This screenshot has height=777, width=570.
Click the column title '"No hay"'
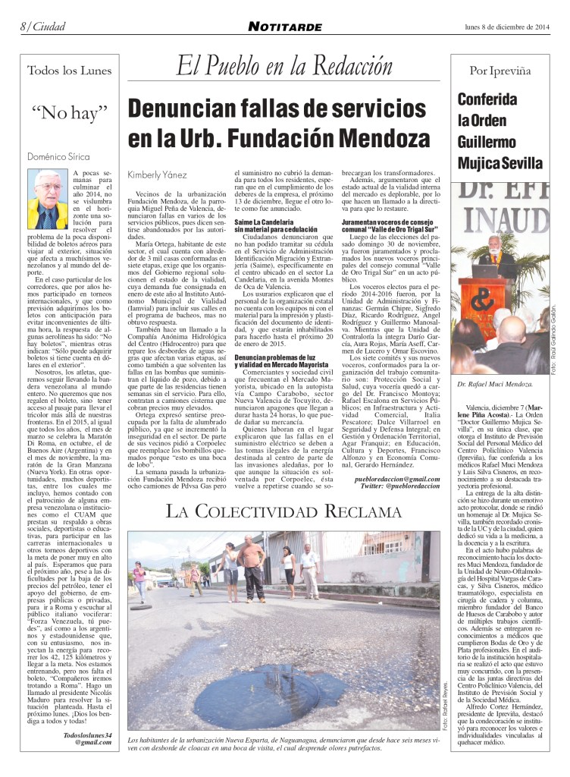pyautogui.click(x=69, y=116)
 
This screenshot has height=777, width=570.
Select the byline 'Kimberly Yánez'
pyautogui.click(x=157, y=173)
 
